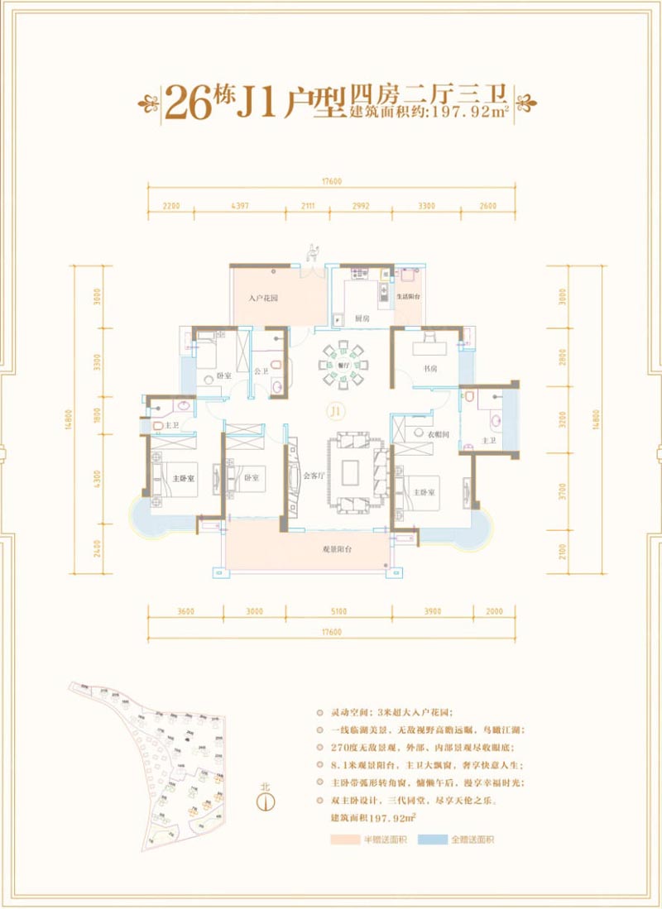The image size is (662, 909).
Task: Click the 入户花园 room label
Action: (262, 298)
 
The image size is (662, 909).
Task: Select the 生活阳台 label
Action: (409, 297)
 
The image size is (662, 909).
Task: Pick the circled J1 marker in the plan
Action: (334, 410)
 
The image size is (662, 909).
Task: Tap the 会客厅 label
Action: (313, 476)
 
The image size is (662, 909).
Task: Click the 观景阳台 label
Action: (338, 549)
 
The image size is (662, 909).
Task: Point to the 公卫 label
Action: (260, 371)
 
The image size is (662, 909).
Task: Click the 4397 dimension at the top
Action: (240, 206)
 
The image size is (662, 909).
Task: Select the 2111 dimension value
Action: (308, 206)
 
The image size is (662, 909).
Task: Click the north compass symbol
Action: (265, 800)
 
